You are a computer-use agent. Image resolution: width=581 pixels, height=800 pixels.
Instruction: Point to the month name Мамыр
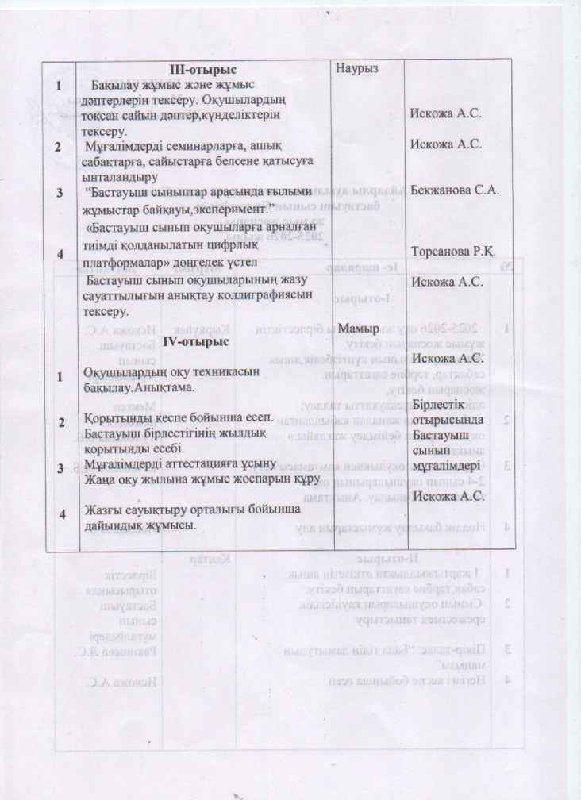click(357, 327)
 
